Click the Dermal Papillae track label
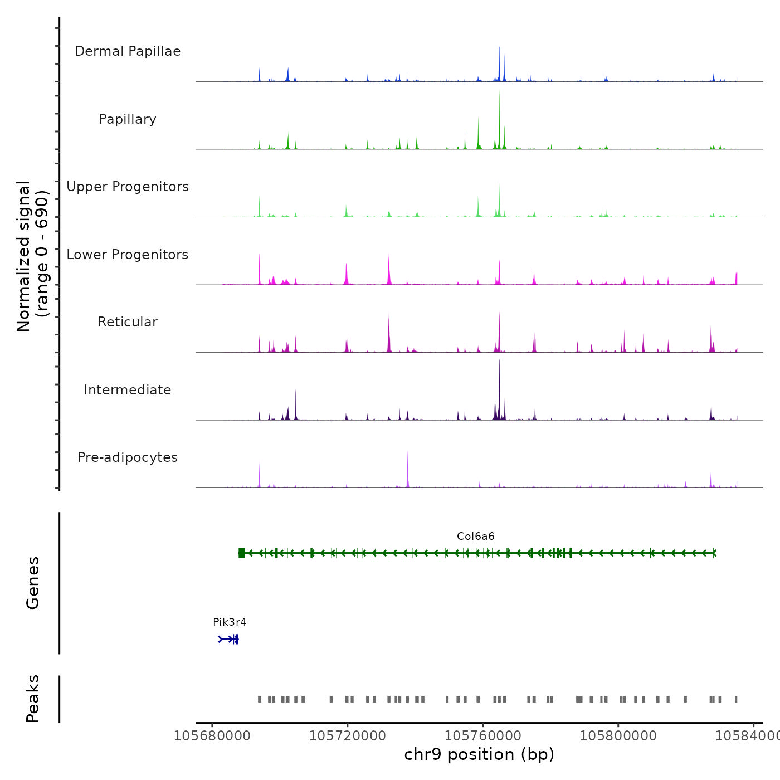click(x=128, y=51)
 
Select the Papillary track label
click(x=128, y=119)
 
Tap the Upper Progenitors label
click(x=128, y=187)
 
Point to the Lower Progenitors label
click(x=128, y=255)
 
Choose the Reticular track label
click(x=128, y=322)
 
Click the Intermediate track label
click(x=128, y=390)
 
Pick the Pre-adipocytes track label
click(x=128, y=457)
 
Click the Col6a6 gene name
click(x=475, y=537)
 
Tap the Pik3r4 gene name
click(x=230, y=622)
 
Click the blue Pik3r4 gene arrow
click(x=228, y=639)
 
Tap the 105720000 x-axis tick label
click(x=348, y=736)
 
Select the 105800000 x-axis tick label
click(x=618, y=736)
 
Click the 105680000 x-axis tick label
click(x=212, y=736)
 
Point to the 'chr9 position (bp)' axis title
click(x=479, y=754)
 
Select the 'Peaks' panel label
click(x=33, y=699)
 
